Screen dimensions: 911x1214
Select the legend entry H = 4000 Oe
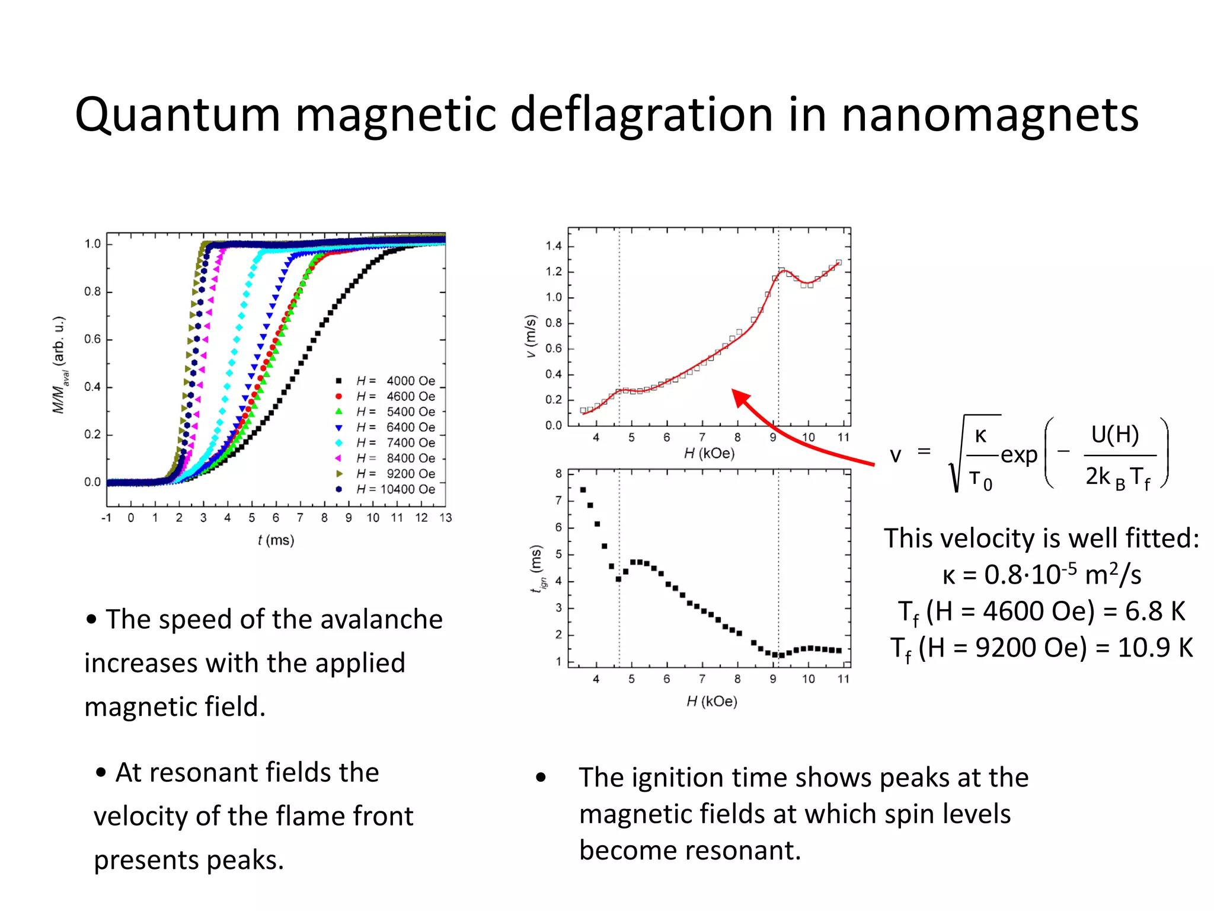click(x=395, y=381)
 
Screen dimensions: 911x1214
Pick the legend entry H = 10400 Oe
click(x=395, y=489)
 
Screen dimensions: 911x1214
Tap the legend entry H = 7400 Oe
click(x=395, y=443)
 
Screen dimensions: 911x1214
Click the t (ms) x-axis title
click(x=276, y=540)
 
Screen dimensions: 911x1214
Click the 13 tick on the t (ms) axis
click(x=446, y=518)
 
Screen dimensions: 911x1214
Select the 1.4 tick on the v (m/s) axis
click(x=554, y=246)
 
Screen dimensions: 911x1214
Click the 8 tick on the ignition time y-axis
click(x=558, y=474)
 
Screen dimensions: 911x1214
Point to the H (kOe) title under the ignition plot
click(x=712, y=702)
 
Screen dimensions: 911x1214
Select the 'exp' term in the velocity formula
click(x=1019, y=455)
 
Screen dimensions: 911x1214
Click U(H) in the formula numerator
click(x=1115, y=435)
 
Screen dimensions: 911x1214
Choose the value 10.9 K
click(x=1155, y=648)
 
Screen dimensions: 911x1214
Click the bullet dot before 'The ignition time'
click(x=541, y=778)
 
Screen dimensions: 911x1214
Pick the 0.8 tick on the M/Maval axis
click(x=92, y=292)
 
